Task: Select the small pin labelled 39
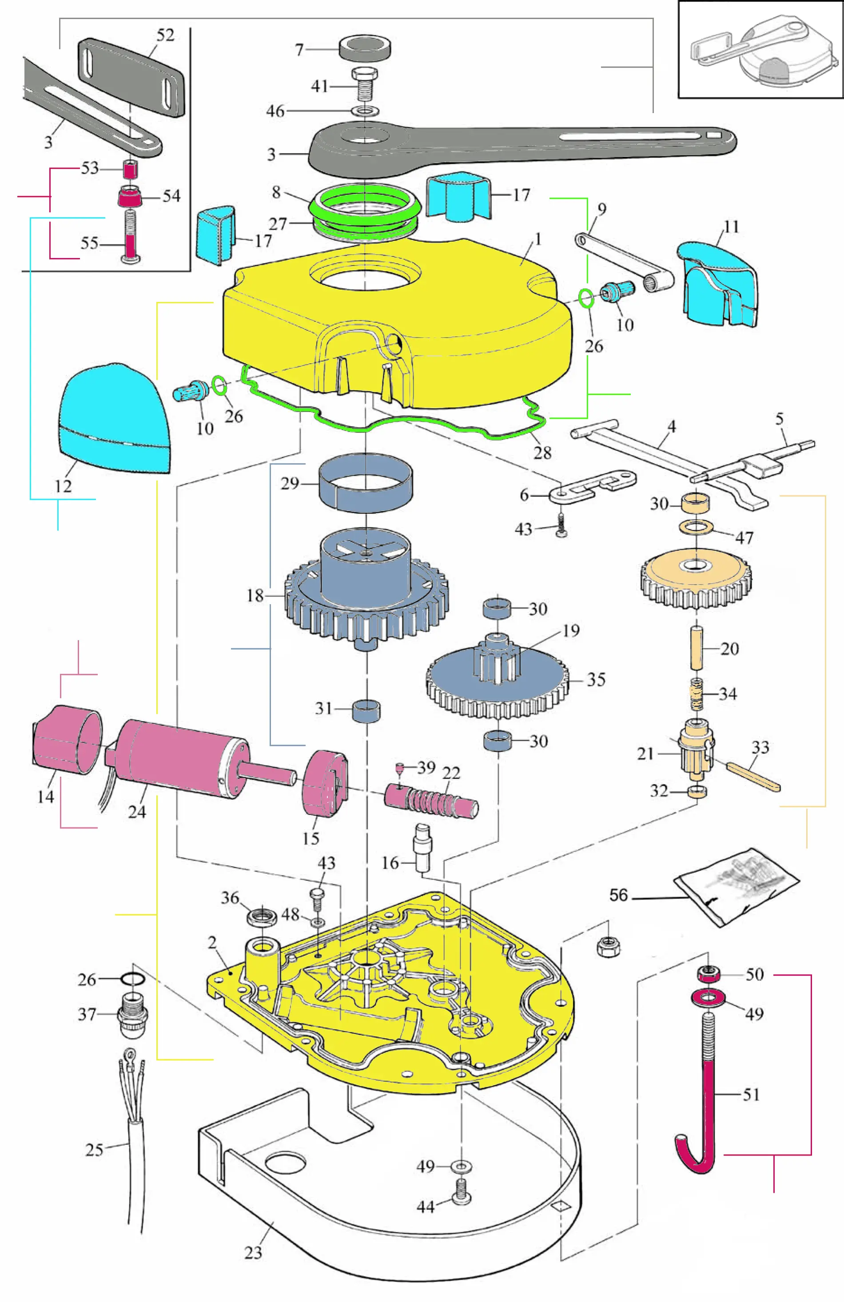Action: click(400, 769)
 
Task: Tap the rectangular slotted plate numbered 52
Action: click(131, 76)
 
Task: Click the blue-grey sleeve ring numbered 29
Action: click(366, 483)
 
